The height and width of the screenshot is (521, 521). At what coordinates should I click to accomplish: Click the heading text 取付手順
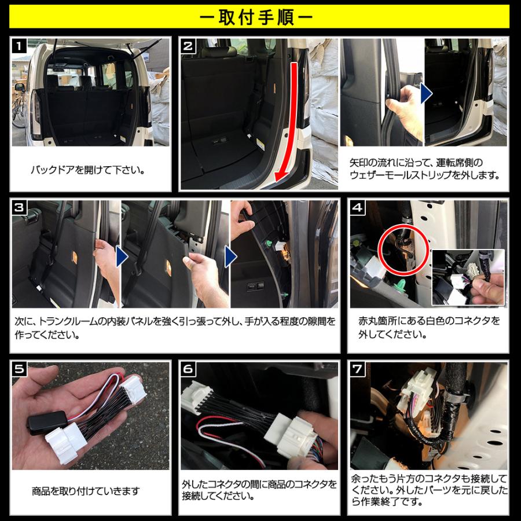coord(260,17)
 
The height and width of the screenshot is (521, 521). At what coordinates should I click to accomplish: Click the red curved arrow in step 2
coord(289,127)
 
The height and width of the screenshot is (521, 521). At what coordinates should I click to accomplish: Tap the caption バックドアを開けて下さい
coord(87,171)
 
